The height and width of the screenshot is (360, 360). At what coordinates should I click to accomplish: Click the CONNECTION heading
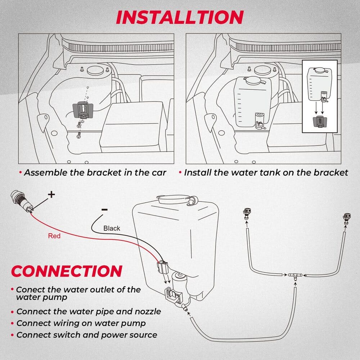click(x=67, y=271)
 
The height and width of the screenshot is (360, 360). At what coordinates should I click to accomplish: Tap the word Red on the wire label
click(x=54, y=236)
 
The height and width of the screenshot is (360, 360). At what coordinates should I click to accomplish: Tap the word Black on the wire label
click(x=112, y=228)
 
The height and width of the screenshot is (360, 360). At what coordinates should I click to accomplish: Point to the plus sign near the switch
click(x=51, y=194)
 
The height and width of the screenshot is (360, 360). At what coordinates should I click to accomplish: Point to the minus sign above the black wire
click(x=104, y=210)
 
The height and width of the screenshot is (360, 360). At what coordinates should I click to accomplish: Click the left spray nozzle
click(x=247, y=214)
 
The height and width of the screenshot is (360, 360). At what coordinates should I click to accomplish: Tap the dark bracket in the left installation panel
click(x=83, y=109)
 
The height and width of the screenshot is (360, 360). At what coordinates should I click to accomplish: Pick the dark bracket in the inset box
click(x=320, y=122)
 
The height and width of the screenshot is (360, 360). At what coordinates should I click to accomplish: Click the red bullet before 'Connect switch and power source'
click(x=13, y=335)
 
